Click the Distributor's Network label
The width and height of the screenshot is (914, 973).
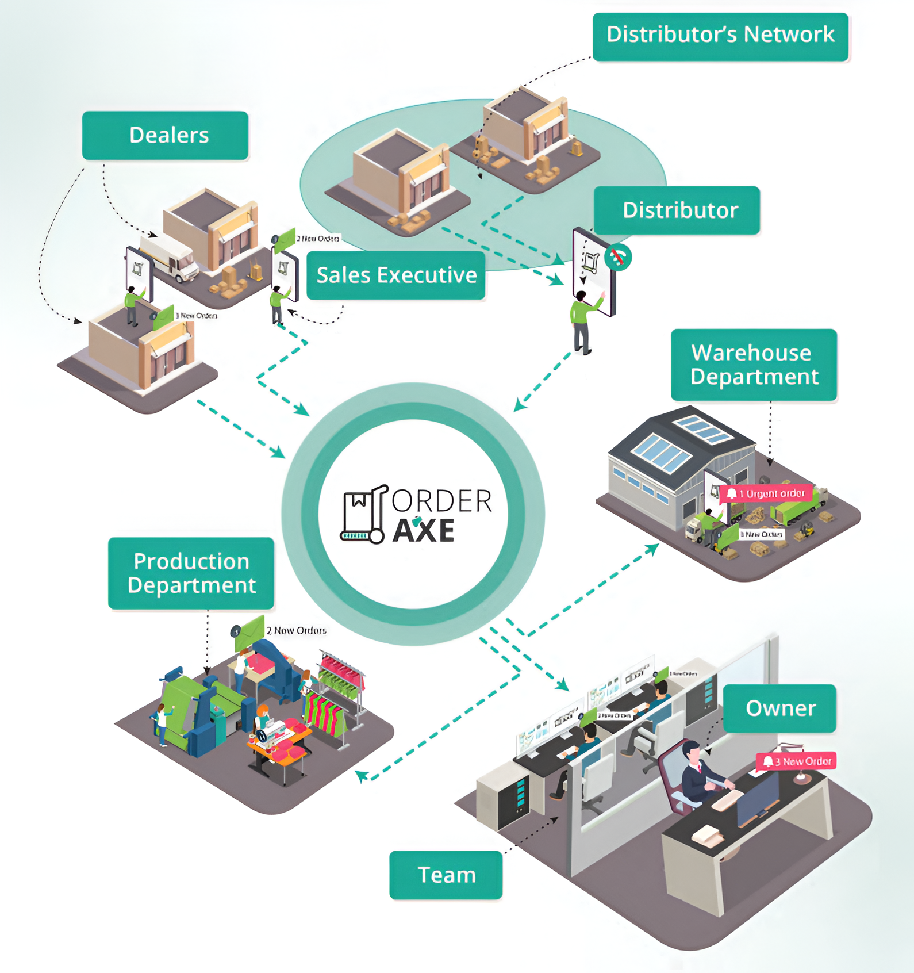[720, 36]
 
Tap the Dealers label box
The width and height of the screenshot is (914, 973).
[166, 136]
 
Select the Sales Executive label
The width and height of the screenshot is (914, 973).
[396, 275]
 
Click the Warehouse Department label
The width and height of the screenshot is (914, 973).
[754, 365]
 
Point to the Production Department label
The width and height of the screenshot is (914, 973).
[191, 573]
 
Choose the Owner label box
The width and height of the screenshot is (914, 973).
[779, 708]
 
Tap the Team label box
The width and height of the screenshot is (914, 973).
[446, 875]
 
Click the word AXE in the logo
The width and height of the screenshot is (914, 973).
[424, 530]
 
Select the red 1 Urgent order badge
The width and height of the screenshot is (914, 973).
[767, 493]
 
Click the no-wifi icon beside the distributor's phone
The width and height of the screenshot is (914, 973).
[619, 257]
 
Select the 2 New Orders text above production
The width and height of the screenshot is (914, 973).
[296, 631]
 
